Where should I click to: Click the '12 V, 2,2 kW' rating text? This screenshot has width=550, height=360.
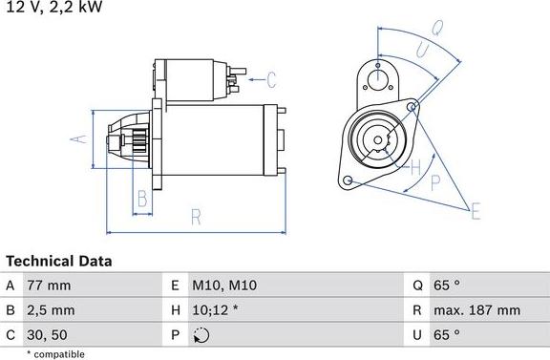[x=53, y=8]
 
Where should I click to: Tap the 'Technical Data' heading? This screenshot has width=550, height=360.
[x=59, y=261]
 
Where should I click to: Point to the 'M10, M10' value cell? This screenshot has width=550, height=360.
[x=224, y=286]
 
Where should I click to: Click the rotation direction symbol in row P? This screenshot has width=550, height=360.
[x=200, y=335]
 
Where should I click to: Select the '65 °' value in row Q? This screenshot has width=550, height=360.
[x=446, y=286]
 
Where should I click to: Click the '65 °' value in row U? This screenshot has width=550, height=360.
[x=446, y=334]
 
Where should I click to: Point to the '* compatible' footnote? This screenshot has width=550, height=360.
[x=56, y=353]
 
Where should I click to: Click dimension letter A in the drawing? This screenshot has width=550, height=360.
[x=82, y=139]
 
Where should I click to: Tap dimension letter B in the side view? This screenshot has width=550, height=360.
[x=142, y=199]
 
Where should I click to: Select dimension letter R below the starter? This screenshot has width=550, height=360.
[x=196, y=217]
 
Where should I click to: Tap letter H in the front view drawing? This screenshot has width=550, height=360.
[x=414, y=169]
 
